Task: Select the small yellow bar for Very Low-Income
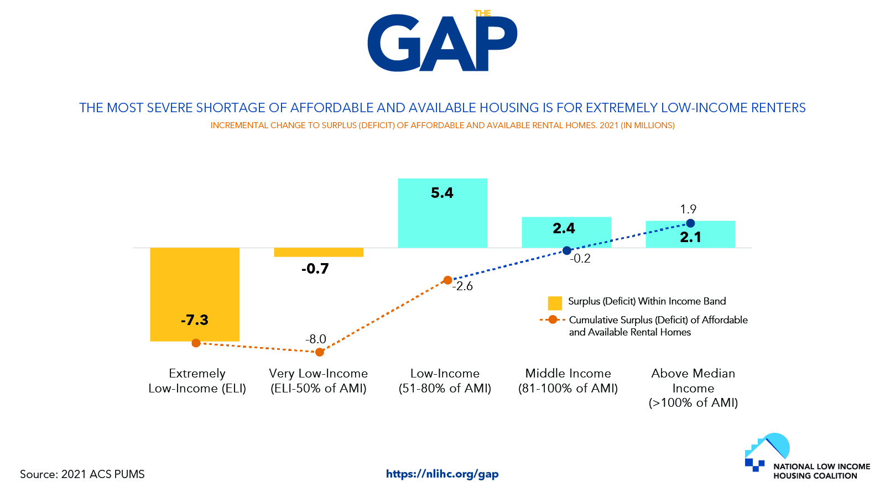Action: coord(319,252)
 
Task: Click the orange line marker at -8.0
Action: coord(320,352)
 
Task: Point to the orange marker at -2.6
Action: coord(448,280)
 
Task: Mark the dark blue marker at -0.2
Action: coord(567,250)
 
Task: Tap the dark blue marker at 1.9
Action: coord(690,223)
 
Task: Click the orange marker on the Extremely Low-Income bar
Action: coord(196,343)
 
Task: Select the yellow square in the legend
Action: coord(555,303)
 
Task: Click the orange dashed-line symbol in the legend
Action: coord(553,319)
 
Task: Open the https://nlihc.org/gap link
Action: coord(442,474)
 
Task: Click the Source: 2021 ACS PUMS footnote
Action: coord(82,474)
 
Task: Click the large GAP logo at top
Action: coord(442,43)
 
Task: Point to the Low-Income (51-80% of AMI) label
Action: coord(445,381)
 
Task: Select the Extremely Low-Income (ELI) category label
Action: coord(197,381)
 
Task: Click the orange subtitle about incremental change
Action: coord(442,125)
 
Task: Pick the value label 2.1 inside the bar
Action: coord(690,238)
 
